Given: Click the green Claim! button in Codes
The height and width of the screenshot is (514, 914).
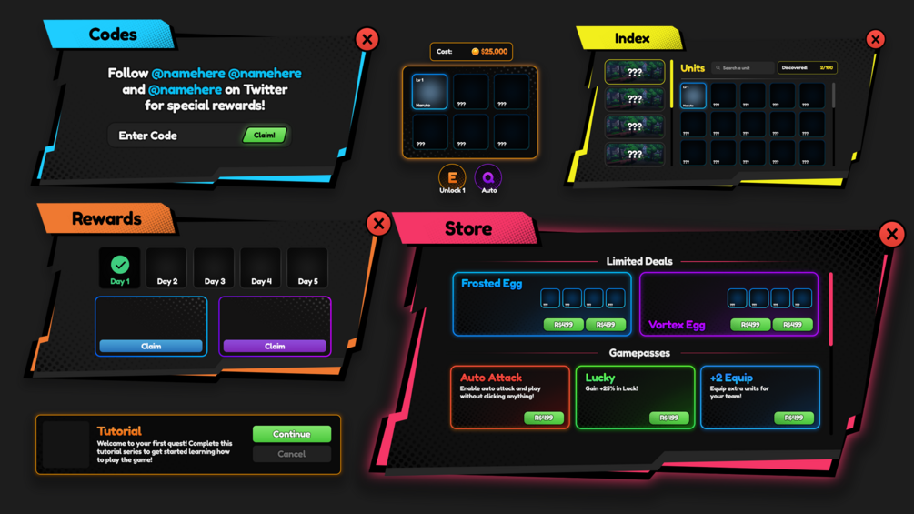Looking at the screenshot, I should click(x=264, y=136).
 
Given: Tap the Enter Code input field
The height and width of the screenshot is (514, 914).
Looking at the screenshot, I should click(x=173, y=136).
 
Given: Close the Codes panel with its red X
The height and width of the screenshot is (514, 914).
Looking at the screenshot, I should click(x=367, y=39).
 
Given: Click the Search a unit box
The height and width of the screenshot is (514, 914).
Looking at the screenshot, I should click(x=742, y=68).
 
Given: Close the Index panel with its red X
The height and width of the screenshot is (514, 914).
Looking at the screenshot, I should click(x=875, y=39).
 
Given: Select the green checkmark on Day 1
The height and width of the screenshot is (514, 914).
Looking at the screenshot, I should click(x=120, y=265).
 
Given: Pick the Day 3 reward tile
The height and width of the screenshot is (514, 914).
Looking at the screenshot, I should click(x=214, y=268).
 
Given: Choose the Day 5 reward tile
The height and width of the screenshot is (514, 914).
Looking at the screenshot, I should click(x=307, y=268).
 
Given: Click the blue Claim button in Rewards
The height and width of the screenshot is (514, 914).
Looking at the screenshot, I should click(x=151, y=346).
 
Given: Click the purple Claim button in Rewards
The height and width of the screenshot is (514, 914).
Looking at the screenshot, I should click(x=275, y=346).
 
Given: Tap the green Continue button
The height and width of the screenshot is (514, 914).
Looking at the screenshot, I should click(x=291, y=434).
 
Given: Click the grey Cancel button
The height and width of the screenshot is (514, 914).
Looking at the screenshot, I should click(x=291, y=454).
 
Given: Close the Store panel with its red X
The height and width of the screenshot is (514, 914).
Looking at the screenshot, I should click(x=891, y=235).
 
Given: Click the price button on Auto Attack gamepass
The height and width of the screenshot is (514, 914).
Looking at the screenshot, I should click(x=543, y=418).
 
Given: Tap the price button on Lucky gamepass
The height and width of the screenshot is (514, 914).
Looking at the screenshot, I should click(x=668, y=418).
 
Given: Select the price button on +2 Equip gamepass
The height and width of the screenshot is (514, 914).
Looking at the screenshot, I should click(x=793, y=418).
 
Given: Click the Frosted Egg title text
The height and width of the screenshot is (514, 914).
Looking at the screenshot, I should click(x=491, y=284).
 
